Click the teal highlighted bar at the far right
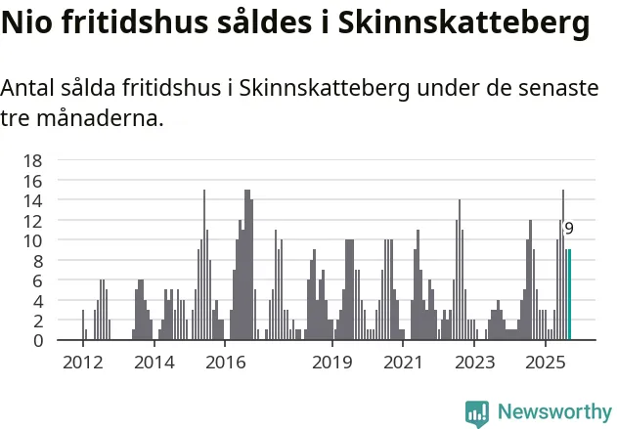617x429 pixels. [568, 295]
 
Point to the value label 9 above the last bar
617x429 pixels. [569, 229]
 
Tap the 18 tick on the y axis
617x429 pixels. [32, 160]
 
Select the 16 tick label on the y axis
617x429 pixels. [32, 181]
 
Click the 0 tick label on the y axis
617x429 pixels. [37, 340]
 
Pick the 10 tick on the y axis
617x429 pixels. [32, 240]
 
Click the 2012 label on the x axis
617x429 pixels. [82, 363]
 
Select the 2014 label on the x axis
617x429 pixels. [154, 363]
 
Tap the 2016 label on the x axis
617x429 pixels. [225, 363]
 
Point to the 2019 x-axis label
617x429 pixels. [332, 363]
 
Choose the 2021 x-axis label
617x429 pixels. [403, 363]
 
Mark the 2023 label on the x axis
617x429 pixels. [474, 363]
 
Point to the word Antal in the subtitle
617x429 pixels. [28, 88]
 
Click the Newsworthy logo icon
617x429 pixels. [477, 412]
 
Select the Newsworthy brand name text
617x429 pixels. [553, 412]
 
